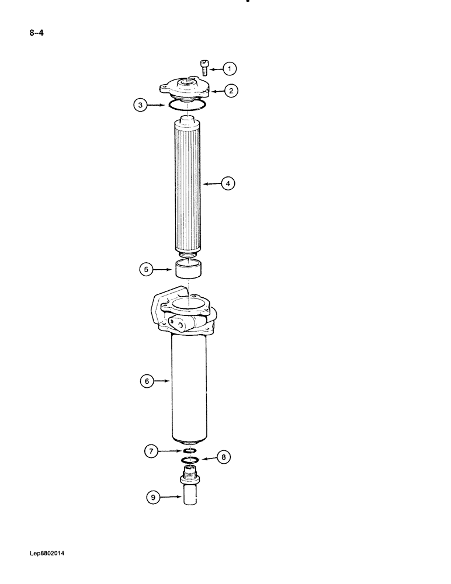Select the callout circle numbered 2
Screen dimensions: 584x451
pyautogui.click(x=232, y=91)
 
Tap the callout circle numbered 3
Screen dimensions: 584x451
pyautogui.click(x=139, y=106)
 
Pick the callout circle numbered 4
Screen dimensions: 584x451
pyautogui.click(x=228, y=183)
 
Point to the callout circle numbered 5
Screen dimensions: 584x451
pyautogui.click(x=146, y=269)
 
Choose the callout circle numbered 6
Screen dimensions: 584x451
pyautogui.click(x=146, y=381)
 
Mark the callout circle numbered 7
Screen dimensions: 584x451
pyautogui.click(x=151, y=451)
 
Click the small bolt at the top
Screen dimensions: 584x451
pyautogui.click(x=204, y=67)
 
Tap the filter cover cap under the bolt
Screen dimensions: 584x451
pyautogui.click(x=185, y=89)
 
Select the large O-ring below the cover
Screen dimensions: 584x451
pyautogui.click(x=186, y=105)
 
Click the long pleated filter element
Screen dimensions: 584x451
pyautogui.click(x=188, y=187)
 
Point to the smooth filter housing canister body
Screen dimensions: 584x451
pyautogui.click(x=190, y=391)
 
